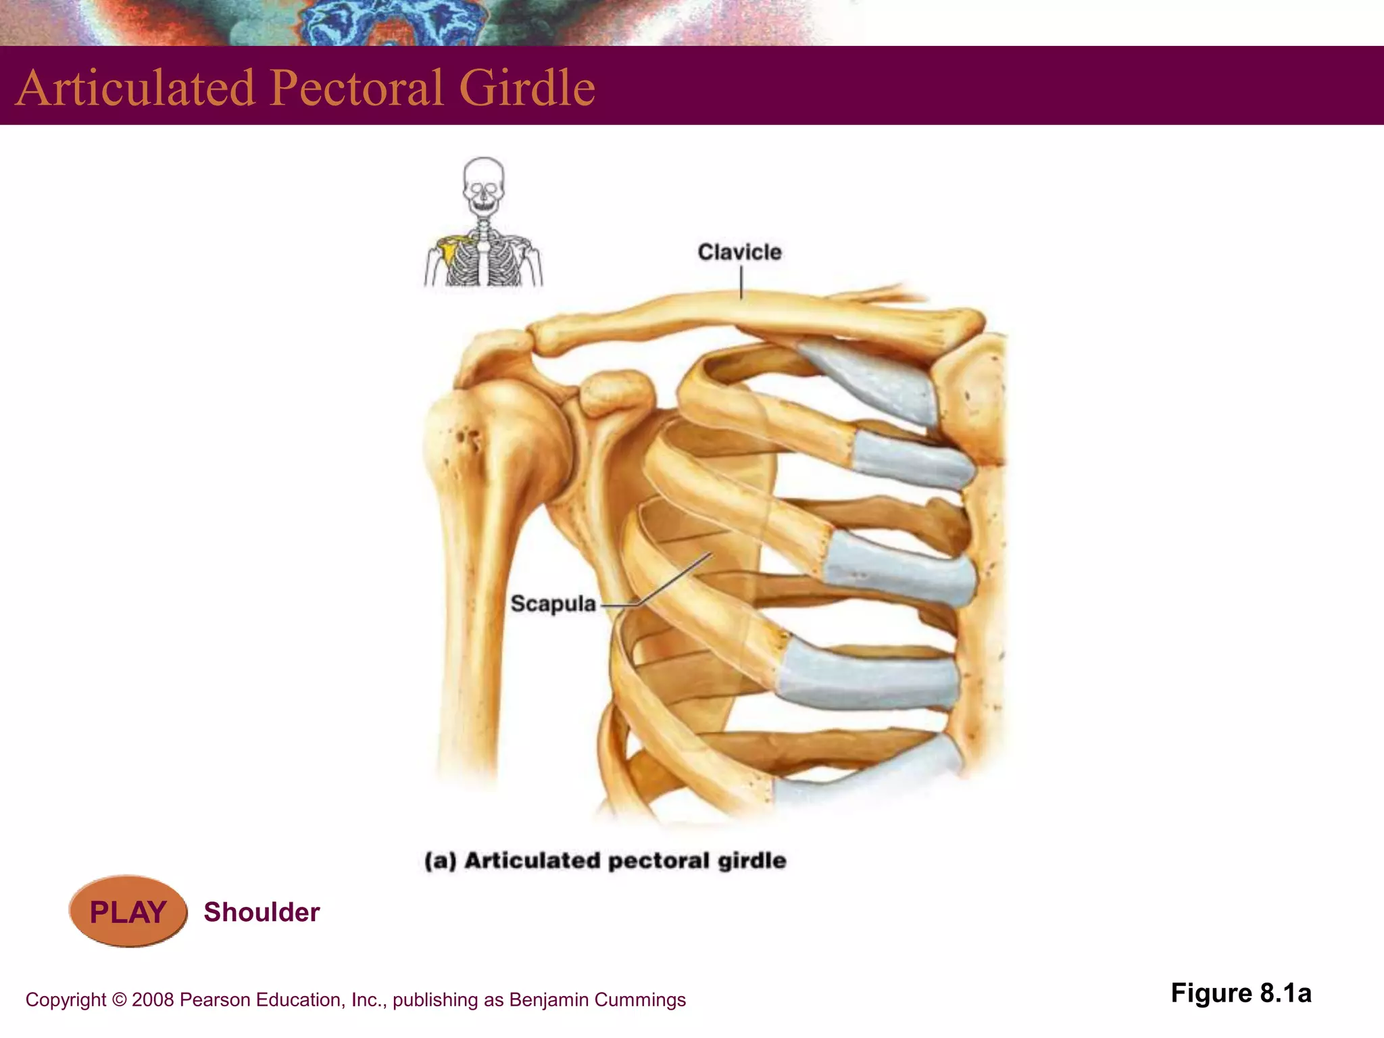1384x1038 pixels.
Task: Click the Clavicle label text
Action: [x=739, y=252]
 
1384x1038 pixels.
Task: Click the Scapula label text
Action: [x=553, y=603]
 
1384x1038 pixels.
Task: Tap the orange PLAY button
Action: [x=128, y=912]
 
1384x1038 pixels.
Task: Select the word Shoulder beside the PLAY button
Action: [x=262, y=912]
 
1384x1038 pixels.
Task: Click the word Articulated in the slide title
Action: [x=135, y=88]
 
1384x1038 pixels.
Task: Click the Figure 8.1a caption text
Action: [x=1241, y=993]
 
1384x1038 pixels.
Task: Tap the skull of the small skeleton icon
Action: [x=483, y=182]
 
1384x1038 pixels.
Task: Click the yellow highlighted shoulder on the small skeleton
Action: [x=447, y=249]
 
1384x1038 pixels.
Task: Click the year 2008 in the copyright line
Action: [x=153, y=1000]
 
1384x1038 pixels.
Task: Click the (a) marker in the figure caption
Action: [x=440, y=861]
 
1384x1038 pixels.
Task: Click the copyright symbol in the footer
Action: [x=119, y=1000]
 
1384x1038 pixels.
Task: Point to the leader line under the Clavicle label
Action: [x=741, y=282]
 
